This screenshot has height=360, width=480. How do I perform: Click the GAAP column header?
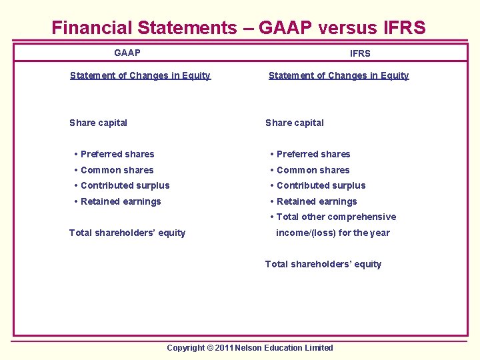(127, 53)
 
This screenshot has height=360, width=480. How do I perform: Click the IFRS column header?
(360, 53)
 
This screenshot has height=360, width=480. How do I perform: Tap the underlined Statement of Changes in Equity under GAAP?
(140, 75)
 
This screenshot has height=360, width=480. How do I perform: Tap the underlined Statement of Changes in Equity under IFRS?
(339, 75)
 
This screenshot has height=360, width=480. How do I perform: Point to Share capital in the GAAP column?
(98, 123)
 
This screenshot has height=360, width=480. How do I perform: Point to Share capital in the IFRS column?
(294, 123)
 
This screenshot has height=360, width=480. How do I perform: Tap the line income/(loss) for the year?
(333, 233)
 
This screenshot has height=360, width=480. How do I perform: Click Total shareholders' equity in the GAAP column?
(127, 233)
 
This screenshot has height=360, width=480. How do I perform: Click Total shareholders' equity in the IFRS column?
(323, 264)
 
